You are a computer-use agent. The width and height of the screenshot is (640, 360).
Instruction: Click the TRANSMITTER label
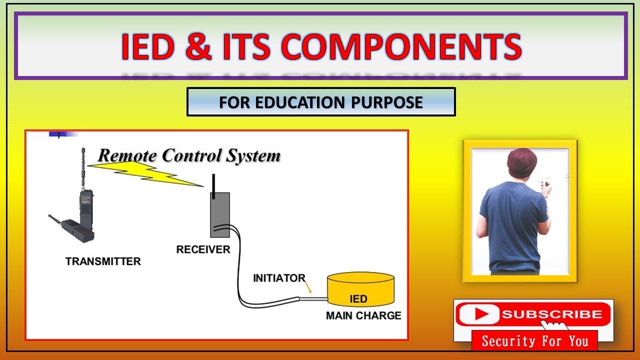(103, 261)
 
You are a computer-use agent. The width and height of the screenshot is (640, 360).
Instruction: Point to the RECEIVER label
(203, 249)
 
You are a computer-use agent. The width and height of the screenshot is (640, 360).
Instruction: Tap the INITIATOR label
(279, 278)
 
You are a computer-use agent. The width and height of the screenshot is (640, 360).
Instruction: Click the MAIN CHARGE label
(363, 315)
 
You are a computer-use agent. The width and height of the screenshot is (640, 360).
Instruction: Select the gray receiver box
(219, 214)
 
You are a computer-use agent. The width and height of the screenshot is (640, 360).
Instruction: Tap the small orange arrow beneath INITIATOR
(308, 288)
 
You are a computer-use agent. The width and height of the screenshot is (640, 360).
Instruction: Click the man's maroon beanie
(521, 162)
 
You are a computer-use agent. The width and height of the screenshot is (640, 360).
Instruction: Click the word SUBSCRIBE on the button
(551, 314)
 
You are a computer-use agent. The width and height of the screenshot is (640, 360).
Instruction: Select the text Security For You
(534, 341)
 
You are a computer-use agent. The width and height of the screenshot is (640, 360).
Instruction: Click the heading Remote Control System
(189, 155)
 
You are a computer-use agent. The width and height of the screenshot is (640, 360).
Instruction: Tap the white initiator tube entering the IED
(313, 299)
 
